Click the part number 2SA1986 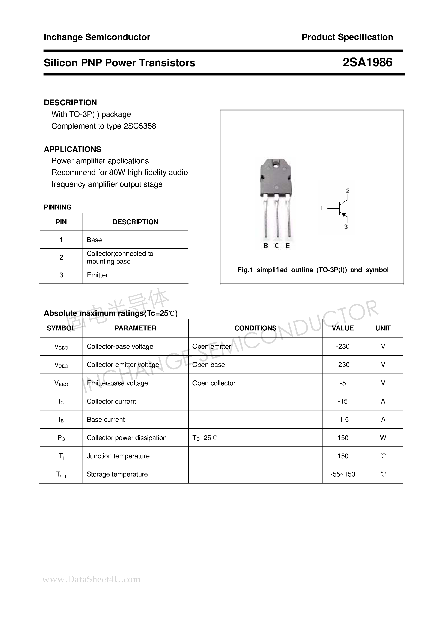(x=367, y=63)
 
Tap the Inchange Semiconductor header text (x=97, y=37)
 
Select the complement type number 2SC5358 (x=140, y=126)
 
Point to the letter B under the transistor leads (x=265, y=246)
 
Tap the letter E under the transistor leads (x=288, y=246)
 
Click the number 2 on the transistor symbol (x=347, y=190)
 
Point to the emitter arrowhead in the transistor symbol (x=344, y=215)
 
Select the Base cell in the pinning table (x=94, y=240)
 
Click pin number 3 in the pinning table (x=61, y=275)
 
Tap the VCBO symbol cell (x=61, y=347)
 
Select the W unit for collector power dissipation (x=383, y=438)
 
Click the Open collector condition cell (x=214, y=383)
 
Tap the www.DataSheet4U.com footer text (x=92, y=579)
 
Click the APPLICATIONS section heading (x=72, y=149)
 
